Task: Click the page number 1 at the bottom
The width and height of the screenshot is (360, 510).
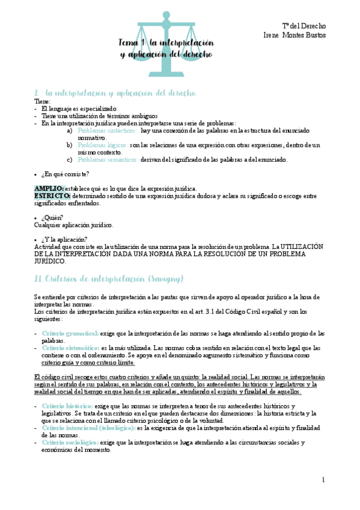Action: tap(323, 479)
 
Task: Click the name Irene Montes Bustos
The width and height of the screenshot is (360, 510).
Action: tap(294, 35)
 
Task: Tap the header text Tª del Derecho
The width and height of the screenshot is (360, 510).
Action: tap(304, 26)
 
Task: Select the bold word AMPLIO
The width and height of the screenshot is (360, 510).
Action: tap(49, 189)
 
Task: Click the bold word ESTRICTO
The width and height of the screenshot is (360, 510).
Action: tap(52, 196)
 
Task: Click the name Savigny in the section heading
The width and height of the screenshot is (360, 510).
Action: tap(166, 278)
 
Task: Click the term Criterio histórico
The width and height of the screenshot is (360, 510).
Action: tap(67, 407)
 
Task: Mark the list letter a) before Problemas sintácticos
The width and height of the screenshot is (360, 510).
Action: tap(70, 131)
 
